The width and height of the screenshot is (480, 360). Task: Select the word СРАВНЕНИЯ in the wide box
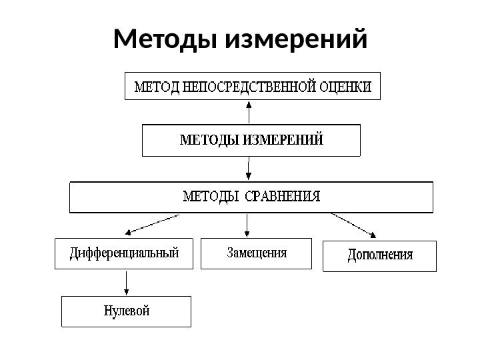[x=283, y=197]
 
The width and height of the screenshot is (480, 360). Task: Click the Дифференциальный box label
[x=125, y=253]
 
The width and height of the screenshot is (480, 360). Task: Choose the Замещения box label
[x=257, y=253]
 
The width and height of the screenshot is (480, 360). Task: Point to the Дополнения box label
[x=380, y=255]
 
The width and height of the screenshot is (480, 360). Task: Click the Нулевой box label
[x=127, y=311]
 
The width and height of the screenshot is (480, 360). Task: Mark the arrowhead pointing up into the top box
[x=249, y=105]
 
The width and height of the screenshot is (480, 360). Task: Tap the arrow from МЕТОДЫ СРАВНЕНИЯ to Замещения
[x=248, y=225]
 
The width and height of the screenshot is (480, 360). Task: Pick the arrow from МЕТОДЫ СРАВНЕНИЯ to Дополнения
[x=353, y=225]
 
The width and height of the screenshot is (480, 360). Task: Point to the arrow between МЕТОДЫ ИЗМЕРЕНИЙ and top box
[x=249, y=114]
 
